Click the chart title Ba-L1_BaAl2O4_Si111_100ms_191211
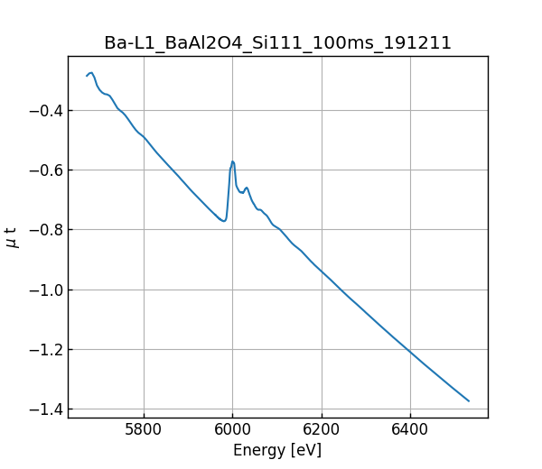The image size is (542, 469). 277,42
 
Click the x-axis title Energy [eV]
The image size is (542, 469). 277,450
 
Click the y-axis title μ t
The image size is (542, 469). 12,237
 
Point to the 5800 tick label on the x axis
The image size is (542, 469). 144,431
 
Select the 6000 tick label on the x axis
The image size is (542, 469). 232,431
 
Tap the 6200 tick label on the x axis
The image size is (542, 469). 322,431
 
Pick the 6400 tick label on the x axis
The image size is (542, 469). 410,431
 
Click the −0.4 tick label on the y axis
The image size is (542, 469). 43,111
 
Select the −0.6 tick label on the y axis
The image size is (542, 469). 43,170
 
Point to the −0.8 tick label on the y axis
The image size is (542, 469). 43,230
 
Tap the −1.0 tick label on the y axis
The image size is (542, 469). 43,290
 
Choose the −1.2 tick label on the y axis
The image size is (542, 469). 43,349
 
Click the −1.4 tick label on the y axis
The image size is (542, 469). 43,409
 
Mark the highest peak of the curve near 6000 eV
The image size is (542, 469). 232,161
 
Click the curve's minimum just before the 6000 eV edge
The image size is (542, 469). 223,221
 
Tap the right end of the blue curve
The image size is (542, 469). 469,400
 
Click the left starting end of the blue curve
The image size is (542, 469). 87,76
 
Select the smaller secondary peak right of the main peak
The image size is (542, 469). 247,188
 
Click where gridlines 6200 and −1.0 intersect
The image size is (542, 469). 322,290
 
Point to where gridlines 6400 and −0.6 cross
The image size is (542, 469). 410,170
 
